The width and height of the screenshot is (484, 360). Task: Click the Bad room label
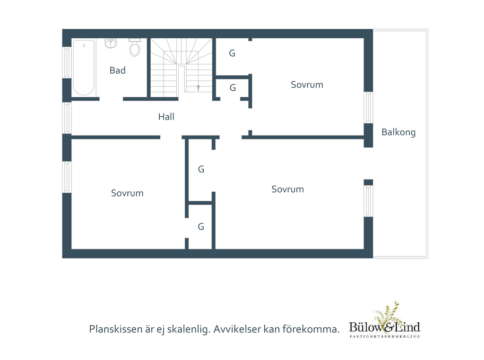(117, 70)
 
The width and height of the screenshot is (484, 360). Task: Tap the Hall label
(166, 117)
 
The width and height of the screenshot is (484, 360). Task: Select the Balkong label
(398, 132)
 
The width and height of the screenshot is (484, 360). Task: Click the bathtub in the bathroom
(84, 68)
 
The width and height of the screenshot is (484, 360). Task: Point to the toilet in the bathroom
(135, 47)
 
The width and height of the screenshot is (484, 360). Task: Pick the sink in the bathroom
(111, 43)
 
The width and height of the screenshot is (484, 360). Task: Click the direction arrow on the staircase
(198, 88)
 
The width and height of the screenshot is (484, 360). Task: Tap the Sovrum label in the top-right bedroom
(307, 85)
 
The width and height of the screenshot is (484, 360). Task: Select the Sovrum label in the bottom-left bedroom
(127, 193)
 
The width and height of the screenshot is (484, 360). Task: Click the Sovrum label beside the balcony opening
(288, 189)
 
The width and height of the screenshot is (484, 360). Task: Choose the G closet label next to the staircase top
(232, 53)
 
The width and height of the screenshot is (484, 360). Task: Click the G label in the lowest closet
(201, 227)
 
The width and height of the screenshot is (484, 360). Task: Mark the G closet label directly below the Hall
(201, 169)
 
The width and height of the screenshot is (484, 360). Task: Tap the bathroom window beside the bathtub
(67, 62)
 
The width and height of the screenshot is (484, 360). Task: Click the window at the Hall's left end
(67, 118)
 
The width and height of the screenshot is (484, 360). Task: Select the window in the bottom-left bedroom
(67, 177)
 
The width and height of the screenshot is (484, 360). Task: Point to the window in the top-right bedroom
(368, 107)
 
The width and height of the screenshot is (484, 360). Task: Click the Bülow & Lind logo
(385, 321)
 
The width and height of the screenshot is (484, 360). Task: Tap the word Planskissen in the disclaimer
(111, 329)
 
